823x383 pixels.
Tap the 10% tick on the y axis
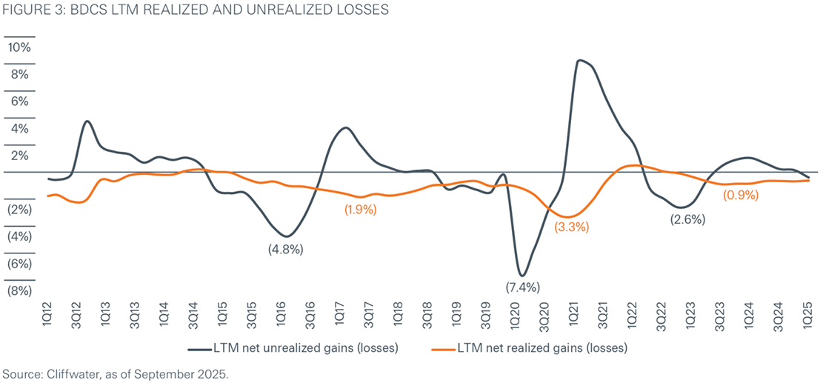point(19,47)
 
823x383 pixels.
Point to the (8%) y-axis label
point(19,291)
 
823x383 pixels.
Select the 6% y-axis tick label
point(19,101)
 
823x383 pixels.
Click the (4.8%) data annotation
point(285,250)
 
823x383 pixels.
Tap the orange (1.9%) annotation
point(361,210)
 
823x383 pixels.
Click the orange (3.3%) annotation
point(570,227)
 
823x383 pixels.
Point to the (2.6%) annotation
point(687,219)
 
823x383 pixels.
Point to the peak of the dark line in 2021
point(580,61)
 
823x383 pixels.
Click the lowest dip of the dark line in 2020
point(522,276)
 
